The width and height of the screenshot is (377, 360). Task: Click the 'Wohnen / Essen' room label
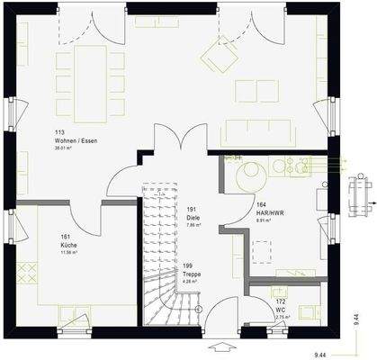[76, 141]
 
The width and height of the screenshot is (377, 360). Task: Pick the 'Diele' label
[193, 218]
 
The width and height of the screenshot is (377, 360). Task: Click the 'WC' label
[281, 309]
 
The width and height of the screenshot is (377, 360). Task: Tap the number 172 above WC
[280, 301]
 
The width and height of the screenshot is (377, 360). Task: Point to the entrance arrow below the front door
[220, 346]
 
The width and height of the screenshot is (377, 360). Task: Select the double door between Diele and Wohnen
[179, 144]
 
